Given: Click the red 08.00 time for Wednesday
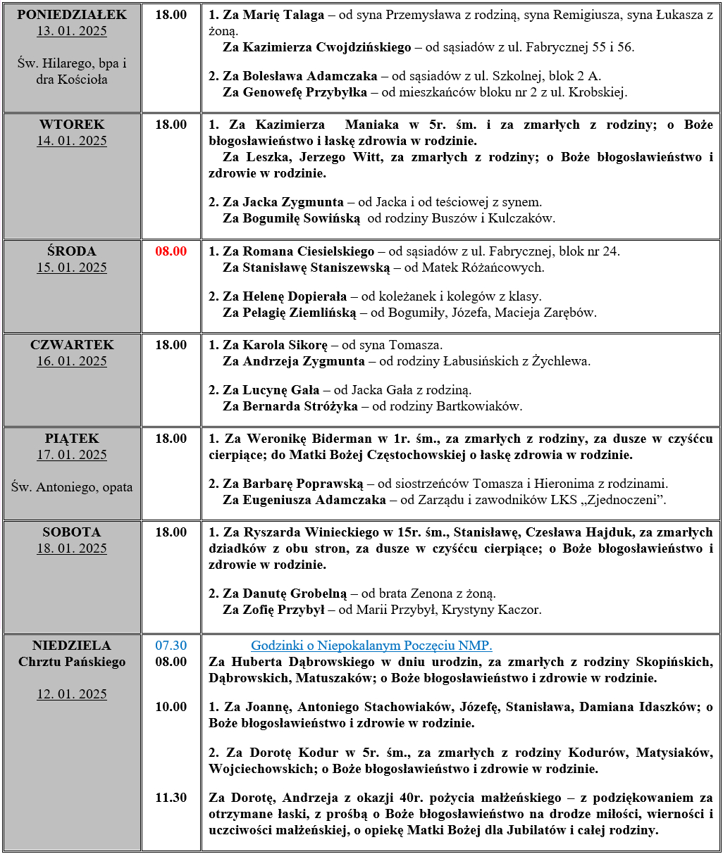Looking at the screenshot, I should click(171, 251).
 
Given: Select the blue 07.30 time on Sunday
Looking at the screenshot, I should click(171, 646).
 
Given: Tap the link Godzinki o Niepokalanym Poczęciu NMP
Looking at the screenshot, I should click(371, 646).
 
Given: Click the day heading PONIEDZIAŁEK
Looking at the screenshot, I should click(72, 15).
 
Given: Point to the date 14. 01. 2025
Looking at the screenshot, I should click(72, 141).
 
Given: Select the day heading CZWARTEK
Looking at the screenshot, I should click(72, 345).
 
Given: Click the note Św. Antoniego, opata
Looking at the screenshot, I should click(72, 487).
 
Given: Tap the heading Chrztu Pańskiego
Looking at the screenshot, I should click(72, 662).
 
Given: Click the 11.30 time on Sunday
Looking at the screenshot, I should click(171, 798).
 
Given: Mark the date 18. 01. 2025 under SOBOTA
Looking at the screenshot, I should click(72, 548).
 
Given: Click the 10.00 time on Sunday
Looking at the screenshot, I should click(171, 707).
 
